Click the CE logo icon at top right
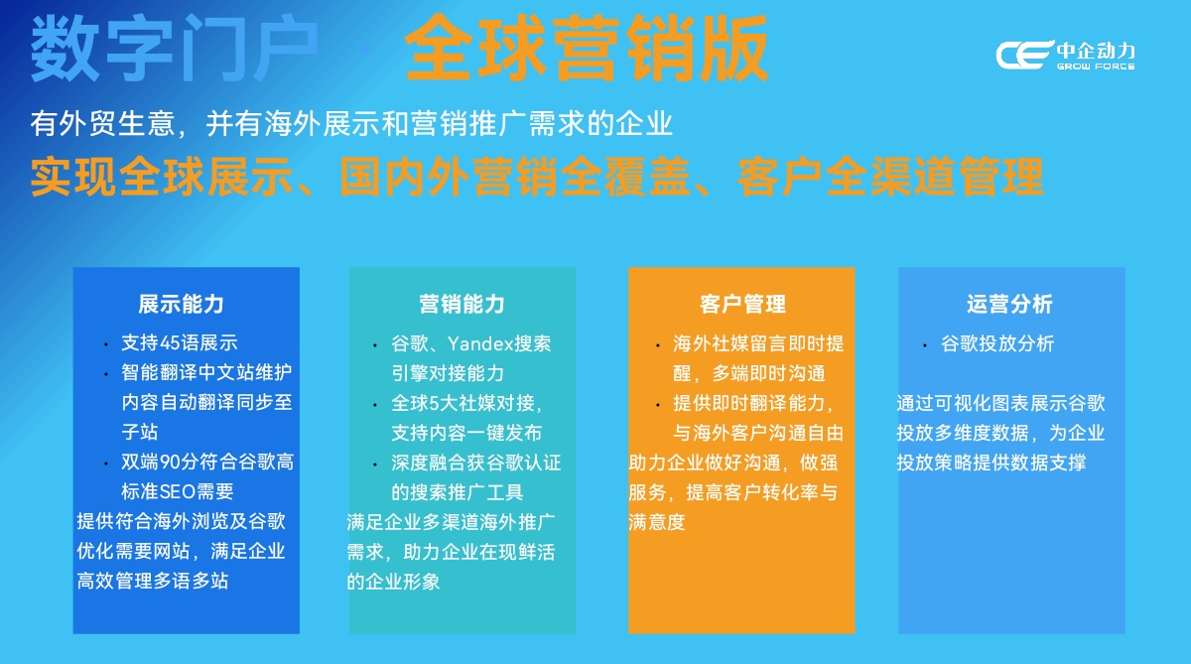[x=1022, y=56]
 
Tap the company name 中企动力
[x=1096, y=50]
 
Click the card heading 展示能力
[x=181, y=304]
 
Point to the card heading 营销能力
[x=462, y=304]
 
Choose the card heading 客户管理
[x=742, y=304]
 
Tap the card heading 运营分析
[x=1009, y=304]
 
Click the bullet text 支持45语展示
[x=179, y=343]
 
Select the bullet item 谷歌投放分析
[x=997, y=343]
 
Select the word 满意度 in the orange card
[x=657, y=520]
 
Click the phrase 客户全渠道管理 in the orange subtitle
[x=890, y=178]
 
